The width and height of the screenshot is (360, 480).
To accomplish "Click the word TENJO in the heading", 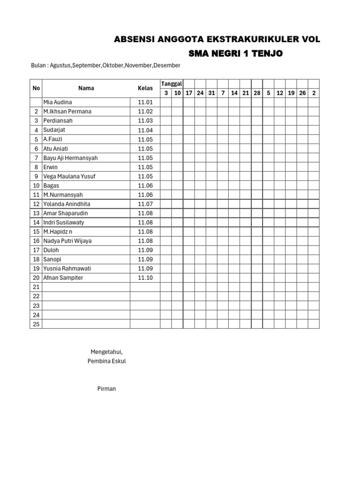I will [x=267, y=54].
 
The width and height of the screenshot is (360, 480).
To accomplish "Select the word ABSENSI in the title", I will [x=133, y=40].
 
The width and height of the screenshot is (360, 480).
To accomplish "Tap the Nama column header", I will [x=86, y=88].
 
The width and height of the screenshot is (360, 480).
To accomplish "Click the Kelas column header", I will [x=145, y=88].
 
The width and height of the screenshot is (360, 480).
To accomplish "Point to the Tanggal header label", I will [x=172, y=83].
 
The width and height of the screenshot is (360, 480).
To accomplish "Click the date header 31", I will [x=211, y=93].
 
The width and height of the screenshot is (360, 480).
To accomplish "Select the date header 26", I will [x=303, y=93].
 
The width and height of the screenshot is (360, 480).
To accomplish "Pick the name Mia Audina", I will [x=58, y=102].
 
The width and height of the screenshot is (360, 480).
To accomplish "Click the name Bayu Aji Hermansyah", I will [x=70, y=158].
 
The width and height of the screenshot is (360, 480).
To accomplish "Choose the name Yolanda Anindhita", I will [x=67, y=204].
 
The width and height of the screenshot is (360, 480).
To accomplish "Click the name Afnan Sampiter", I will [x=63, y=278].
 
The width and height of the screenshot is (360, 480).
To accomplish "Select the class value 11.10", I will [x=145, y=278].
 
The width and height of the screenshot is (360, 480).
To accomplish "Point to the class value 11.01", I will [x=145, y=102].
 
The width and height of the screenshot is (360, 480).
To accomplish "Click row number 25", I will [x=36, y=324].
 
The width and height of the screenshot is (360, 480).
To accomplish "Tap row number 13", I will [x=36, y=213].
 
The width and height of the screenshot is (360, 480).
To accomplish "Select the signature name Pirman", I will [x=106, y=389].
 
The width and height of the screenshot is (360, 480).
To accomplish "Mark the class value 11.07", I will [x=145, y=204].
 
